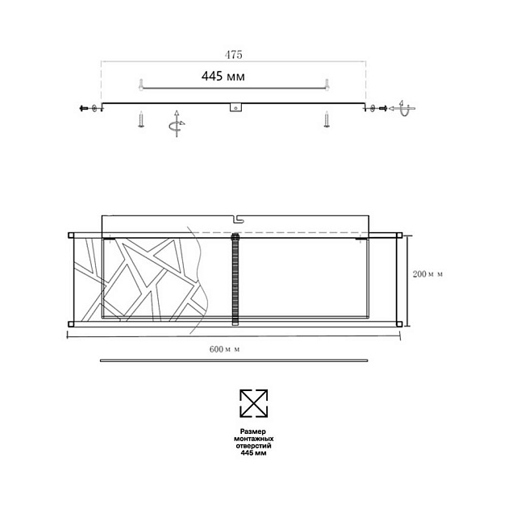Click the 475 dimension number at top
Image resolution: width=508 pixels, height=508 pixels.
[233, 55]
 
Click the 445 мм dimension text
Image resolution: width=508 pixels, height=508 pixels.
[223, 77]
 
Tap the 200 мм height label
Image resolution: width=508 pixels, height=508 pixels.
[427, 274]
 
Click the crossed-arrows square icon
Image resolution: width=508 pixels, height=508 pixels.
[253, 403]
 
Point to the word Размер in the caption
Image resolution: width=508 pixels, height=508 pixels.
[253, 431]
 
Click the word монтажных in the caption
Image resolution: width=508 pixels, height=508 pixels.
[253, 439]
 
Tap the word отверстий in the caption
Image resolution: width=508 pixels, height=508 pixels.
[253, 446]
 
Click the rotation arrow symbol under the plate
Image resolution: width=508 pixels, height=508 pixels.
[176, 124]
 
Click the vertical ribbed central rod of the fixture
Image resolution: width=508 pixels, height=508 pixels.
[235, 279]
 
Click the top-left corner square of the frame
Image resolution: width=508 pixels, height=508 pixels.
[71, 235]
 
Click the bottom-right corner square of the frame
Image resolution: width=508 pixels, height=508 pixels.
[398, 323]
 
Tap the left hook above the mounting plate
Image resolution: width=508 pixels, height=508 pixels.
[140, 84]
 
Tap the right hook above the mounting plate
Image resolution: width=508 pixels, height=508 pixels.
[327, 84]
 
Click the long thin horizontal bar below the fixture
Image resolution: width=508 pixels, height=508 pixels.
[233, 360]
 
